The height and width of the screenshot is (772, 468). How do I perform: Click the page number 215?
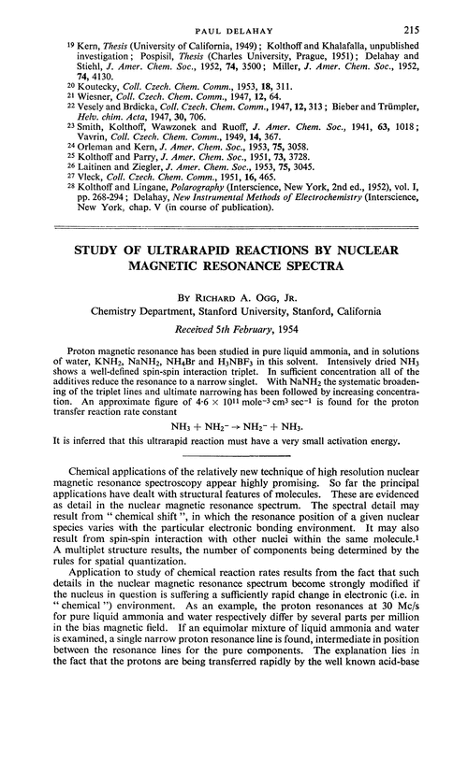(438, 19)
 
